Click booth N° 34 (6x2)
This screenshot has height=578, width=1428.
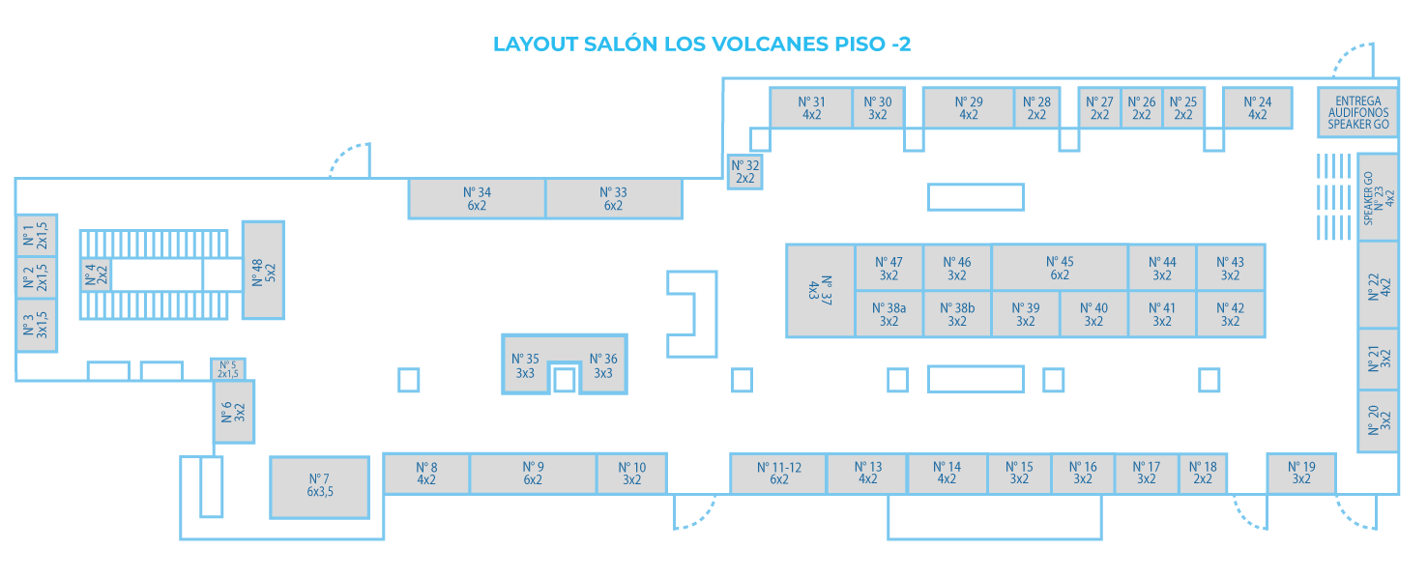[477, 198]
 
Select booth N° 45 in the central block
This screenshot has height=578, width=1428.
[1060, 268]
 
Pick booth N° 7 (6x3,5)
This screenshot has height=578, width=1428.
[319, 486]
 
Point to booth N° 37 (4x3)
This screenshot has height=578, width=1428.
[820, 290]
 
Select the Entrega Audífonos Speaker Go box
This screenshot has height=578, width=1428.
[1357, 113]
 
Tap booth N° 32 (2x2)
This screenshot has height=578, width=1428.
[744, 172]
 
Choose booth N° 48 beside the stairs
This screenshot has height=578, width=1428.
[262, 270]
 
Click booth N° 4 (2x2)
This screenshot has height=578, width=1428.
[96, 275]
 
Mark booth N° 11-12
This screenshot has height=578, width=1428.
[778, 473]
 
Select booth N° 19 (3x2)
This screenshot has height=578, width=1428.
[1300, 473]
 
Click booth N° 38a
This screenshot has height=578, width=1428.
[889, 314]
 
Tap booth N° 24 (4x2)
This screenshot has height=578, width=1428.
[1257, 107]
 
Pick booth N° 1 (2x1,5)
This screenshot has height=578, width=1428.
[36, 235]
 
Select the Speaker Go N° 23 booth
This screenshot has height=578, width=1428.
[1378, 197]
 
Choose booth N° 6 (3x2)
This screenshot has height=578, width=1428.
[233, 412]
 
